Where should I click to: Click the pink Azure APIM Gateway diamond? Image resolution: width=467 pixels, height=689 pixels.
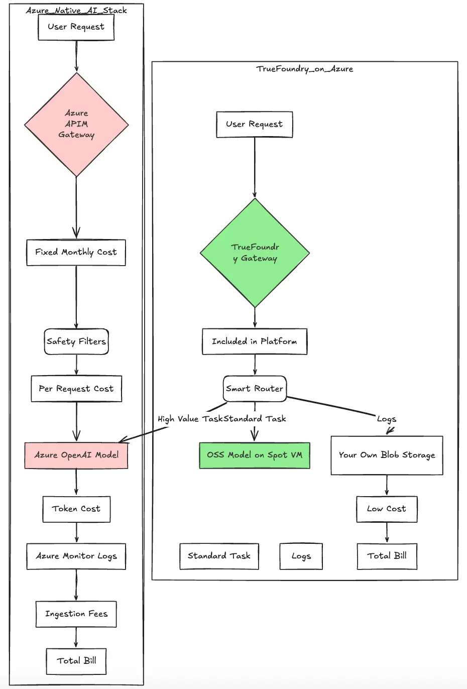point(76,125)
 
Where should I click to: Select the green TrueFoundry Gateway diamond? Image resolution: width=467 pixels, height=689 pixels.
point(255,253)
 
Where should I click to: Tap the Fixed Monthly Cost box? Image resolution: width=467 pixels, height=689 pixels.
point(76,252)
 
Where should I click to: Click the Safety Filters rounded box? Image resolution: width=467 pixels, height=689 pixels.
point(76,341)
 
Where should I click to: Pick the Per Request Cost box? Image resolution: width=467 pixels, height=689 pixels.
point(76,389)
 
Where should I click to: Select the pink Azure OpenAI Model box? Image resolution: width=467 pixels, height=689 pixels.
point(76,455)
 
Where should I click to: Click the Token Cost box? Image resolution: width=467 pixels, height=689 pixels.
point(76,509)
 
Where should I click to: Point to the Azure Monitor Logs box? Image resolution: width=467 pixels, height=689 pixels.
point(76,556)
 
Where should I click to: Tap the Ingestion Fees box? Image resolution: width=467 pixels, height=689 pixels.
point(76,614)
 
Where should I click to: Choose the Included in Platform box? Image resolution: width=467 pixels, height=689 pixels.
point(255,341)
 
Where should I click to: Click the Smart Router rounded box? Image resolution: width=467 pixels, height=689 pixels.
point(255,389)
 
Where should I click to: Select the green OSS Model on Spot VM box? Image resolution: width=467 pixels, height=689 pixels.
point(255,455)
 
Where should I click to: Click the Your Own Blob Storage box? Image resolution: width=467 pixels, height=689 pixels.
point(387,455)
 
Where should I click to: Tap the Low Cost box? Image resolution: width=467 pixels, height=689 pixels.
point(387,509)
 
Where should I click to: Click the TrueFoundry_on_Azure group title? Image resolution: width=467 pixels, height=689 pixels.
point(305,69)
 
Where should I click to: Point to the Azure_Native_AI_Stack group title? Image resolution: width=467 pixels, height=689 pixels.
point(76,10)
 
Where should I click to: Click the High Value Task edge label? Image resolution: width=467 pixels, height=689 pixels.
point(190,419)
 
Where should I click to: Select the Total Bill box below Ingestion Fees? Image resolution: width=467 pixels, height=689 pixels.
point(76,661)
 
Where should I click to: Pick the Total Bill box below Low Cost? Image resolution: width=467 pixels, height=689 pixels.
point(387,556)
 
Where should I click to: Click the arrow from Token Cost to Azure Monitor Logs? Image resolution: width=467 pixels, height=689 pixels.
point(76,533)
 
